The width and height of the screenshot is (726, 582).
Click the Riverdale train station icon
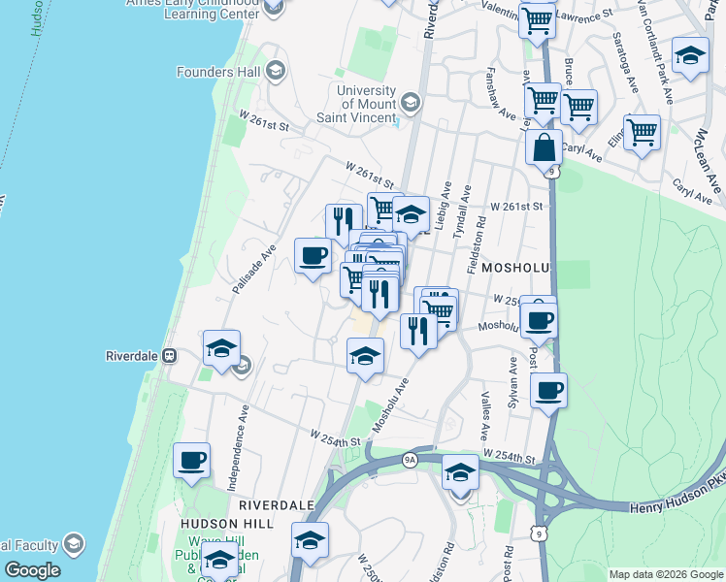(x=169, y=355)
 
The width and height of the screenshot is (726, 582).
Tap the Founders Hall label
(x=217, y=72)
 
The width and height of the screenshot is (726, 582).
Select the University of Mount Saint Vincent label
(x=367, y=104)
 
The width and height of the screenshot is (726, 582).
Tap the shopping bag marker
(x=544, y=147)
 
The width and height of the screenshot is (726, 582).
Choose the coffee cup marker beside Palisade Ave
(x=313, y=256)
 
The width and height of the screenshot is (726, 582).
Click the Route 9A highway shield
(x=408, y=459)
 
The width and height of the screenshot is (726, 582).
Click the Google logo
(x=32, y=570)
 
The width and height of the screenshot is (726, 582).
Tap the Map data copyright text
(x=666, y=574)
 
